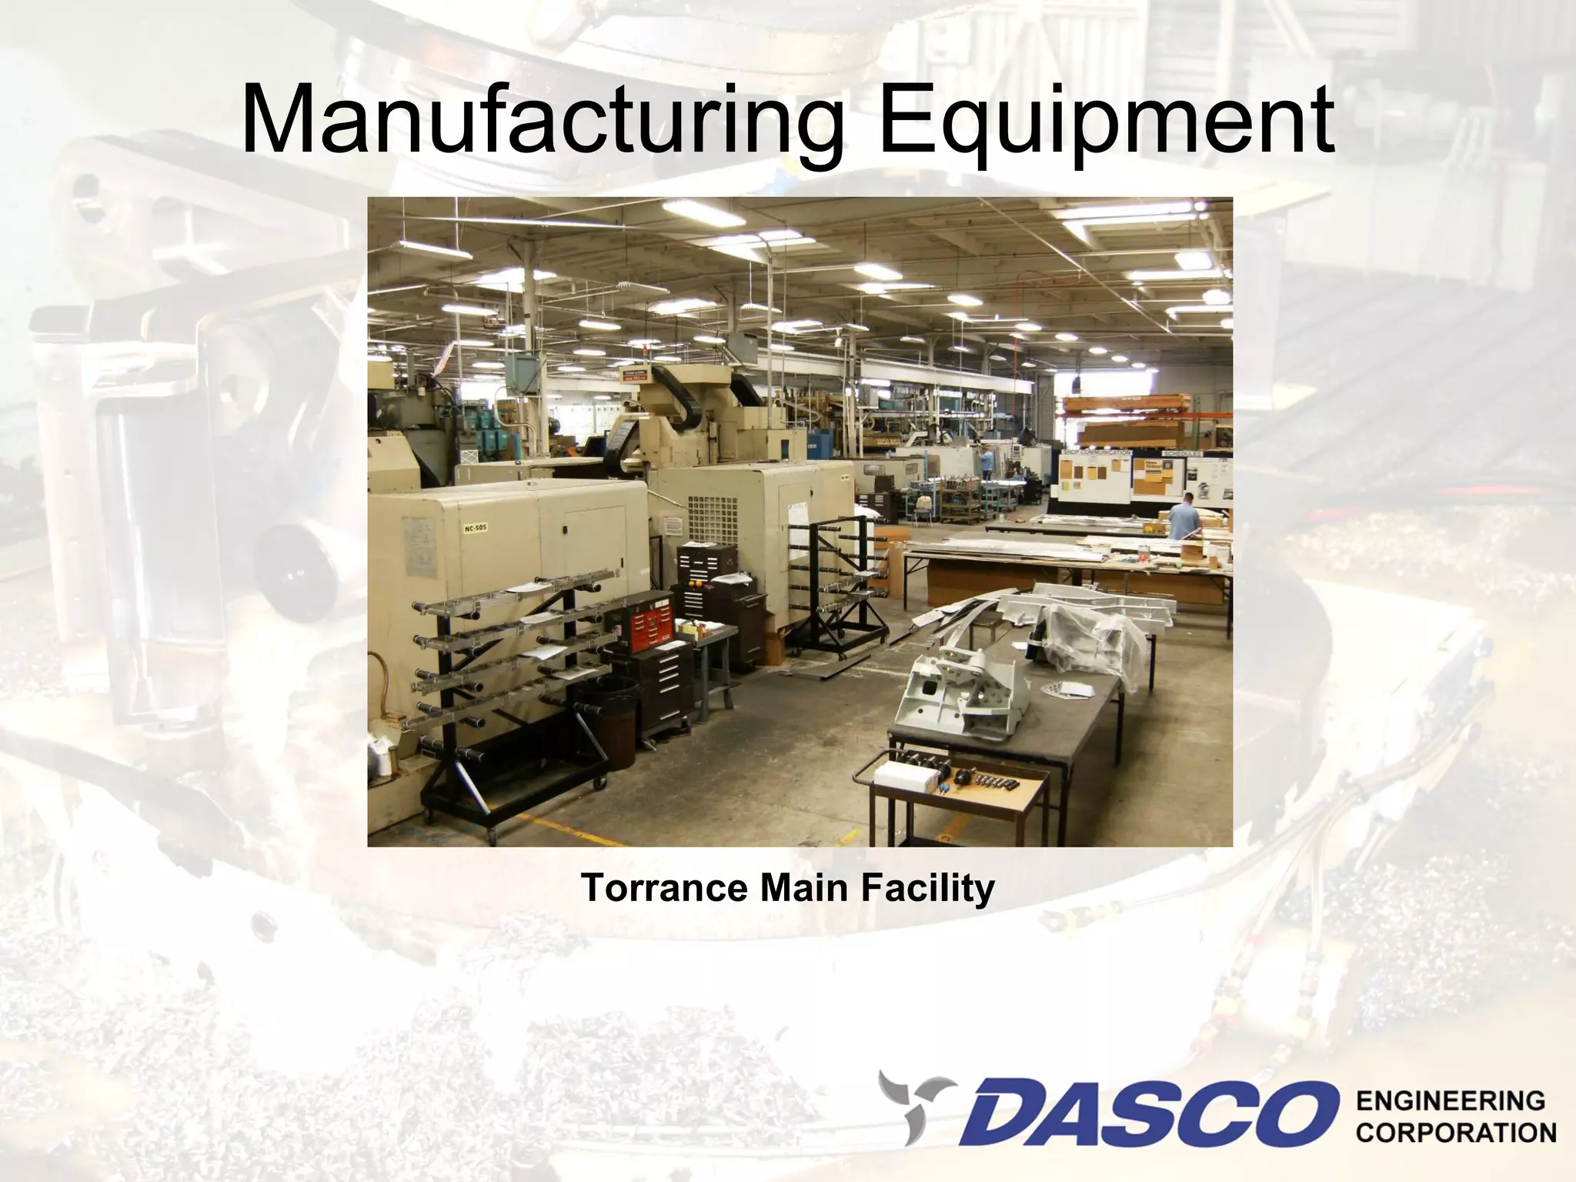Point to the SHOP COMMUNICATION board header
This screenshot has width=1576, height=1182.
[x=1097, y=452]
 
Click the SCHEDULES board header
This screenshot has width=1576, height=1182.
[x=1181, y=452]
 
